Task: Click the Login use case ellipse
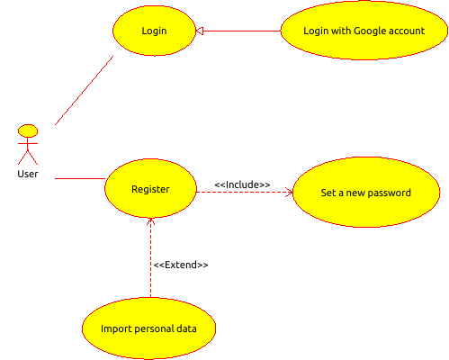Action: click(x=154, y=31)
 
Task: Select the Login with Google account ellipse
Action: click(x=364, y=31)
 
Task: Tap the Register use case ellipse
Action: click(x=150, y=188)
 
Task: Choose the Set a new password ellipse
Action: click(x=366, y=192)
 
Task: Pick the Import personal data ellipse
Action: click(x=148, y=328)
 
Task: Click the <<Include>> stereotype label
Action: click(x=242, y=184)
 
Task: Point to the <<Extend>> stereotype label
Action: click(x=181, y=265)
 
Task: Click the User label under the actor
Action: click(x=28, y=174)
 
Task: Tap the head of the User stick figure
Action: click(x=28, y=131)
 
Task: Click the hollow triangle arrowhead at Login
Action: click(x=200, y=31)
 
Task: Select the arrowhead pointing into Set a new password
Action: click(x=290, y=192)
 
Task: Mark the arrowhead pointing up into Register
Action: click(x=150, y=221)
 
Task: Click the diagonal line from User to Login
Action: click(x=85, y=90)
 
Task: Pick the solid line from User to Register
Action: click(x=80, y=178)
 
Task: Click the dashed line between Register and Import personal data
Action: click(x=150, y=258)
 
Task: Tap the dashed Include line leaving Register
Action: click(x=245, y=192)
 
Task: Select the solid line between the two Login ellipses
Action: click(x=238, y=31)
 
